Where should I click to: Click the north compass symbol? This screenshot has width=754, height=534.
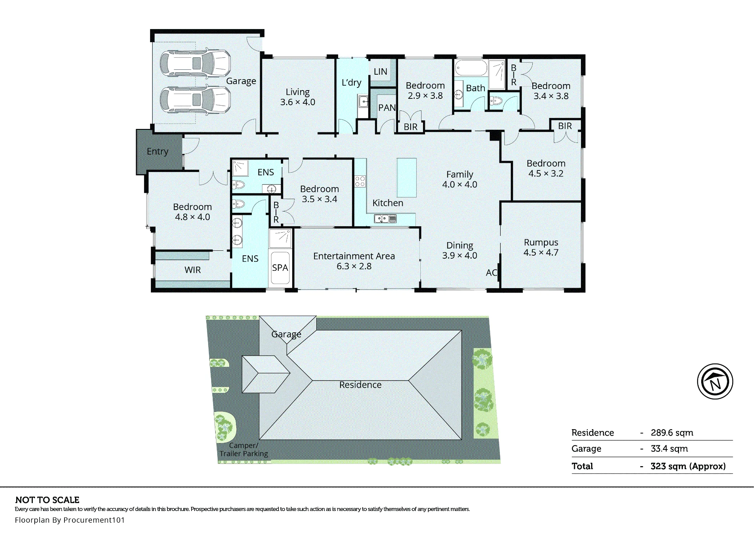pyautogui.click(x=715, y=381)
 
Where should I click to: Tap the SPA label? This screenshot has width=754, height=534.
pyautogui.click(x=280, y=268)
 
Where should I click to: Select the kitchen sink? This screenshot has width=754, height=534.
pyautogui.click(x=385, y=218)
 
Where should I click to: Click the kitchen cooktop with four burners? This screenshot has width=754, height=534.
pyautogui.click(x=360, y=181)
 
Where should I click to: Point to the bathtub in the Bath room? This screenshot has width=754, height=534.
pyautogui.click(x=471, y=68)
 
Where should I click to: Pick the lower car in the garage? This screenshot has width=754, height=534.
pyautogui.click(x=195, y=100)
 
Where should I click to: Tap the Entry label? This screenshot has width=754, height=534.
pyautogui.click(x=158, y=152)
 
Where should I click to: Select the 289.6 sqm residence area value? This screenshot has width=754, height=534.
pyautogui.click(x=672, y=433)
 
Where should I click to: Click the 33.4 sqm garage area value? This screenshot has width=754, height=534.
pyautogui.click(x=669, y=449)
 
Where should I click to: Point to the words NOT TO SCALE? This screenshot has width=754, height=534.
pyautogui.click(x=48, y=500)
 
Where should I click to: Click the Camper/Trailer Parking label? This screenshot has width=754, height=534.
pyautogui.click(x=244, y=450)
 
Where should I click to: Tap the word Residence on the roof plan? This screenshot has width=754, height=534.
pyautogui.click(x=360, y=385)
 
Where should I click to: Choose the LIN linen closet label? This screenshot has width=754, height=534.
pyautogui.click(x=380, y=72)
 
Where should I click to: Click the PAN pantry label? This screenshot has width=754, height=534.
pyautogui.click(x=387, y=108)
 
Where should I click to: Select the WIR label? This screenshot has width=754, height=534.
pyautogui.click(x=193, y=270)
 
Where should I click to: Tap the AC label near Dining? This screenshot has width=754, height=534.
pyautogui.click(x=492, y=273)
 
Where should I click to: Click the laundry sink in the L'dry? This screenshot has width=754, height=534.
pyautogui.click(x=363, y=101)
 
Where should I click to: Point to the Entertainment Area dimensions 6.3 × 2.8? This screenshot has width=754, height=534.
pyautogui.click(x=354, y=266)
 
